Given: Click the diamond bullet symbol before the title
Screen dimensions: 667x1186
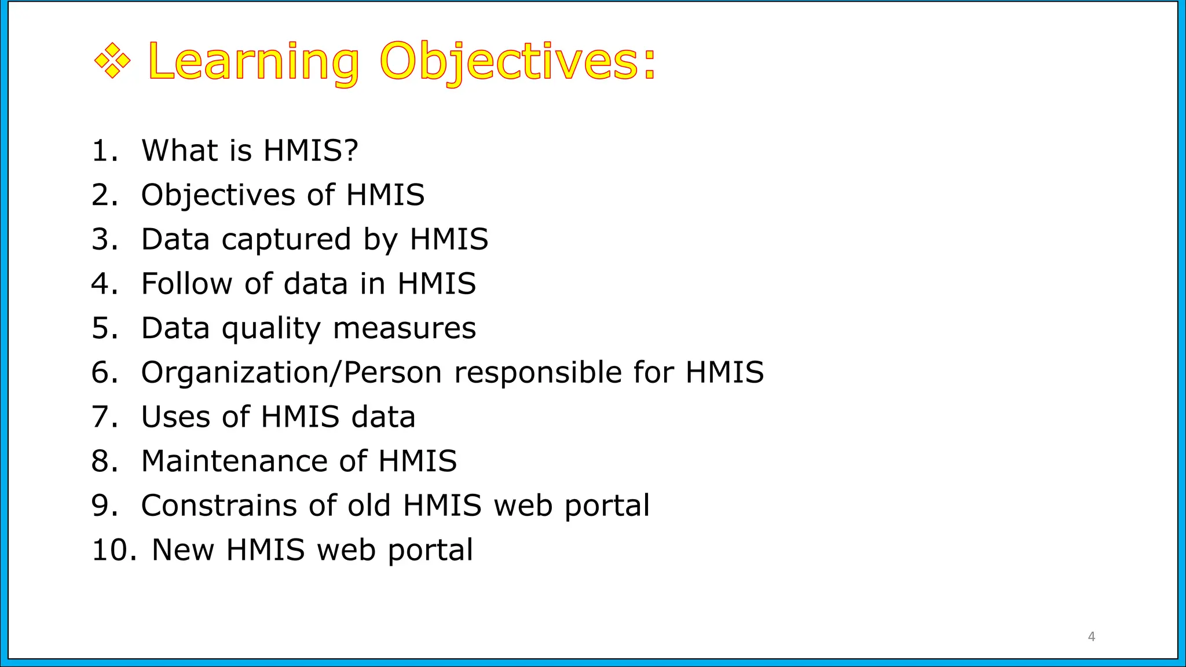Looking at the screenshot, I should (112, 61).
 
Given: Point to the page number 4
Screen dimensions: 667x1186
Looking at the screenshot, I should (1092, 636).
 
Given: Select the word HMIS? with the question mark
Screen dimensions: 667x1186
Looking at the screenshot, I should (311, 151).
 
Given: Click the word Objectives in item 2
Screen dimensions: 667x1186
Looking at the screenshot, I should (218, 195).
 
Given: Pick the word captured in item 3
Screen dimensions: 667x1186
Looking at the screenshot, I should (286, 239).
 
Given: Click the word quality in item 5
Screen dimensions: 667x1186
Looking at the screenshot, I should (271, 329).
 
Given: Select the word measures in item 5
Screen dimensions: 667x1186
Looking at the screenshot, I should (404, 328).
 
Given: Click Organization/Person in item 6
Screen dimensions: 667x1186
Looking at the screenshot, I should (292, 372).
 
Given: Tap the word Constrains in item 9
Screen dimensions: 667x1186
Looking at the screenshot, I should (218, 505).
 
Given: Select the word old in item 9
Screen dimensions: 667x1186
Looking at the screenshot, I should (369, 505).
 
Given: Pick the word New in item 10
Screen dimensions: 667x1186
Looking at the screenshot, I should (182, 550).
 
